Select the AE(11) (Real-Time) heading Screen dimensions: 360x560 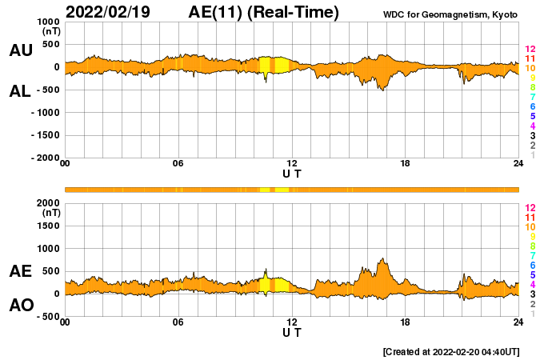point(264,12)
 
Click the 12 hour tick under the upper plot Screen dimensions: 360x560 point(291,164)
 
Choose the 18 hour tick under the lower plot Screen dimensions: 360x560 point(406,322)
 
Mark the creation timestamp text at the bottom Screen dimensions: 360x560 point(451,351)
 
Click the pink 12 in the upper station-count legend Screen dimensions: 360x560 point(530,50)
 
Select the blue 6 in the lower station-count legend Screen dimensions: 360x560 point(530,265)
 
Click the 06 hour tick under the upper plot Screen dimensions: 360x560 point(178,164)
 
